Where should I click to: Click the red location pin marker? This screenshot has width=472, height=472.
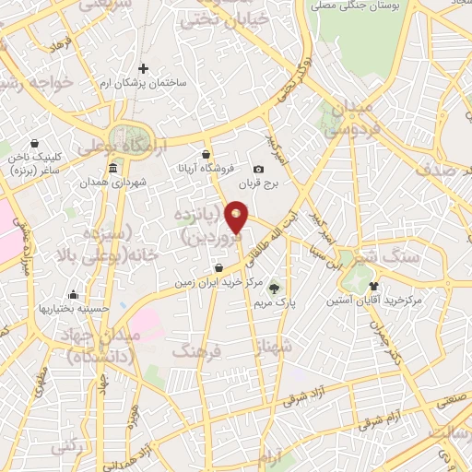(x=237, y=218)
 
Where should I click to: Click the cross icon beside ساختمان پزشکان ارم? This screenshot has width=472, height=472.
(x=143, y=68)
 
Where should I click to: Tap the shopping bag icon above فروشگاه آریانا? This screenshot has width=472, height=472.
(x=206, y=154)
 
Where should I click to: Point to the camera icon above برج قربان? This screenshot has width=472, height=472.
(x=258, y=169)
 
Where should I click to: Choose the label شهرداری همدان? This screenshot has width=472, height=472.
(x=113, y=183)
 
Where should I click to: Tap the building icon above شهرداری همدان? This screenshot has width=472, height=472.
(x=112, y=169)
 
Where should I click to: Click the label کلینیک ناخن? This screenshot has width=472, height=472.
(x=34, y=158)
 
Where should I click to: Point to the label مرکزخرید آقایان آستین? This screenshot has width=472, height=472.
(x=373, y=301)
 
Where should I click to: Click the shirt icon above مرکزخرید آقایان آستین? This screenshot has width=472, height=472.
(x=373, y=286)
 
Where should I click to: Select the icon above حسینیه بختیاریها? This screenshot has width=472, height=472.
(x=73, y=296)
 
